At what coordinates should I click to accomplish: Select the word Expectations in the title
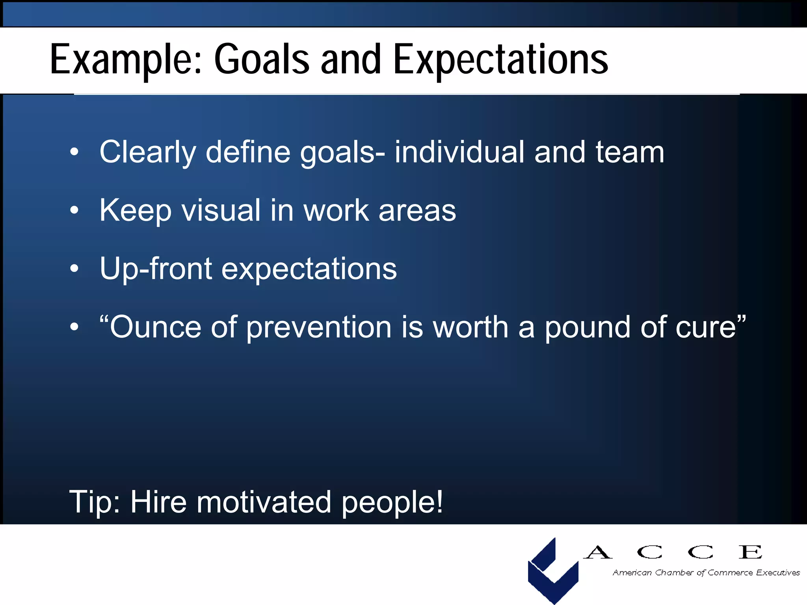tap(500, 60)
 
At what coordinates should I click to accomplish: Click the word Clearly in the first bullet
tap(147, 153)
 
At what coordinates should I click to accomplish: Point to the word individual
tap(459, 152)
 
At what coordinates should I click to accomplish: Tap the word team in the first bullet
tap(630, 152)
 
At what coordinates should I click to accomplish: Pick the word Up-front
tap(156, 269)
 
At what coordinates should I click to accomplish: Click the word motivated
tap(264, 502)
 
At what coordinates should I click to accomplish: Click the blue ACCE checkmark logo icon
tap(553, 571)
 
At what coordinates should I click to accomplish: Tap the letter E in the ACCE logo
tap(750, 552)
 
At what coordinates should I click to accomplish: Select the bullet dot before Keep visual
tap(74, 210)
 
